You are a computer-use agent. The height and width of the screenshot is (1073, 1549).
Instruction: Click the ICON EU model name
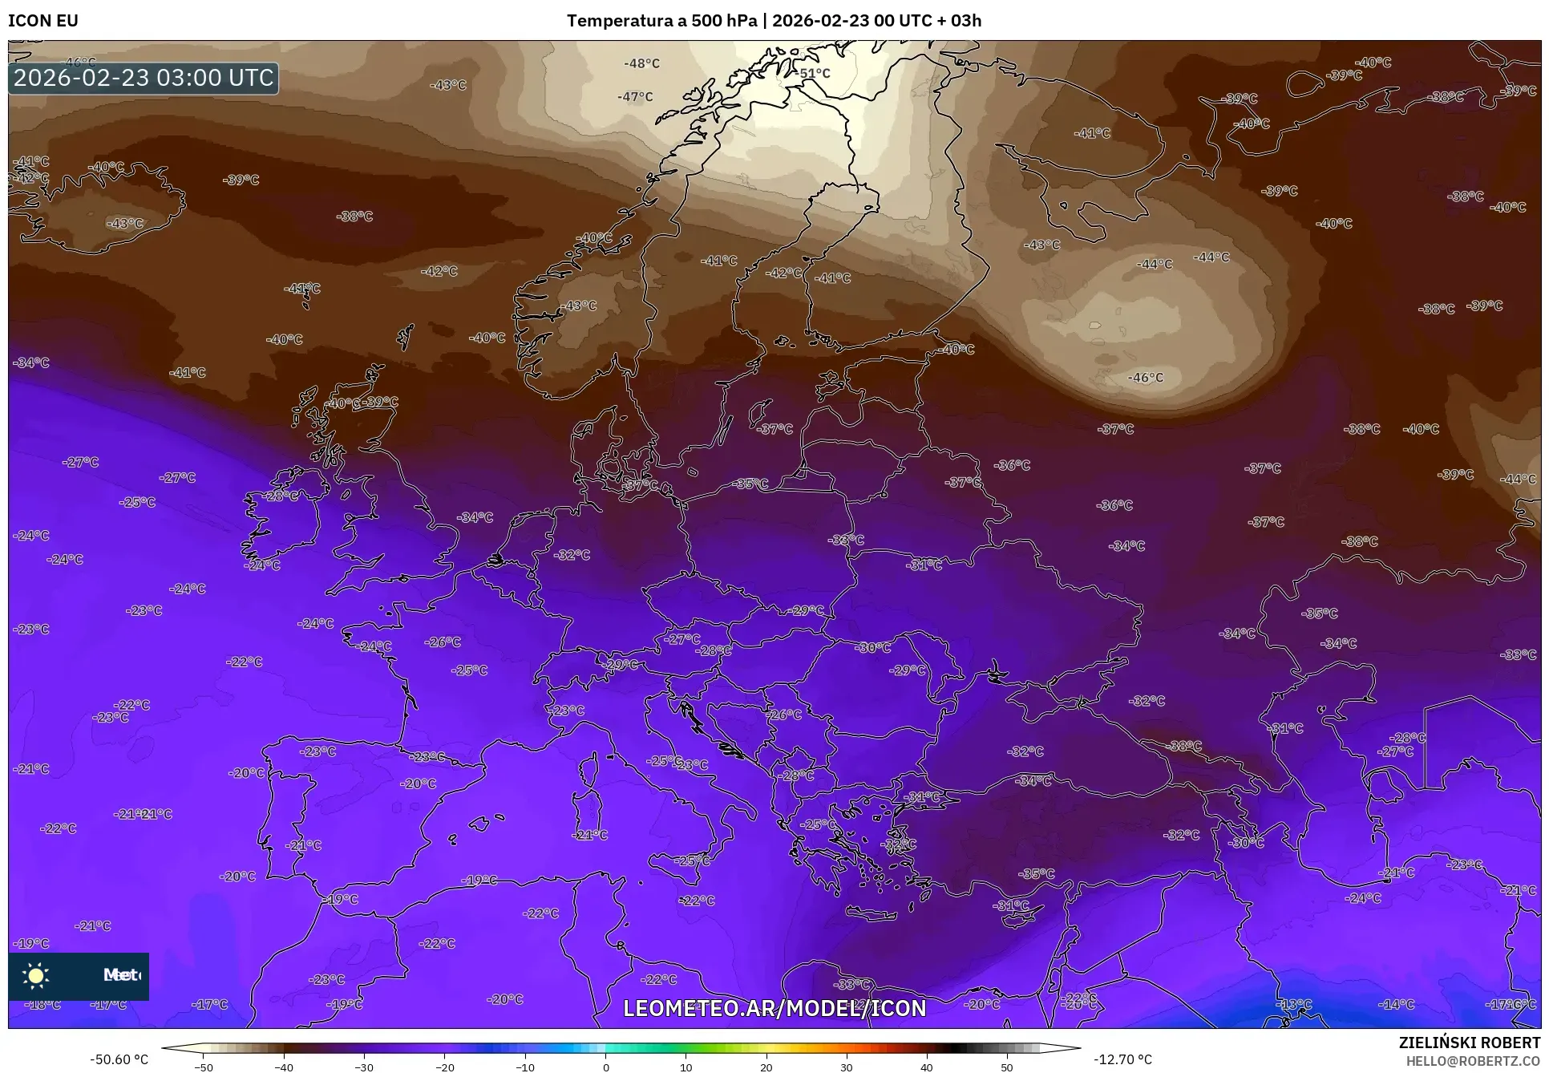pos(43,21)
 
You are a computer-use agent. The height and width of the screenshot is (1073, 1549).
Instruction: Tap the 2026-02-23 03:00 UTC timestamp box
pos(144,78)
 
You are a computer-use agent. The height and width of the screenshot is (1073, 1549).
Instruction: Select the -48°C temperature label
pos(641,63)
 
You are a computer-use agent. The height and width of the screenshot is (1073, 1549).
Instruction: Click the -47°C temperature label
pos(635,97)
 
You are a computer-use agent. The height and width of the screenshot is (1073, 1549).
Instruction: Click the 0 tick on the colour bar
pos(605,1067)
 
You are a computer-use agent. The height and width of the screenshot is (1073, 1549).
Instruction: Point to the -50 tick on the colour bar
pos(204,1067)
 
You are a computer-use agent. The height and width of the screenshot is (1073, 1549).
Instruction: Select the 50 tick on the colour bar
pos(1007,1067)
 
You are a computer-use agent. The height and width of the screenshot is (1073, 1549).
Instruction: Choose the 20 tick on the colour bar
pos(766,1067)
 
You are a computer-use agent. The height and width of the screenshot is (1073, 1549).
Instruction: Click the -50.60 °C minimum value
pos(119,1059)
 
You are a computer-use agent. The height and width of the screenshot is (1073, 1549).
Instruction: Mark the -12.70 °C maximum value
pos(1124,1059)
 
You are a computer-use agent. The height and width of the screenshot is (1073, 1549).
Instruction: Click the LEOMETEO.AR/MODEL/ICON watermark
pos(774,1008)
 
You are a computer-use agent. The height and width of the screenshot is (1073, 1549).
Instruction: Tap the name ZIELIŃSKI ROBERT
pos(1469,1043)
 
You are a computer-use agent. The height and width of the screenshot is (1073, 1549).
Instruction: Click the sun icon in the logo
pos(36,975)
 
